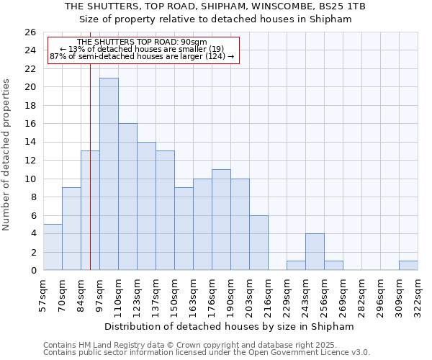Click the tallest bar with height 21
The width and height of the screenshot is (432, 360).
tap(109, 174)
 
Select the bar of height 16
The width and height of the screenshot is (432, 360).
tap(127, 197)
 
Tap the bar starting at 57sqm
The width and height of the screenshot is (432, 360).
tap(53, 247)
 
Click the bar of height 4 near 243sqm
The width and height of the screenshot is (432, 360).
tap(315, 251)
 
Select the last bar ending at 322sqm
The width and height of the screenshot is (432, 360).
tap(408, 265)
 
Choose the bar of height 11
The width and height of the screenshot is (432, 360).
tap(221, 220)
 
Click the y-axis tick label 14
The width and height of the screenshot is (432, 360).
tap(30, 143)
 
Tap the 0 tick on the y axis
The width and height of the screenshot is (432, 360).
tap(32, 271)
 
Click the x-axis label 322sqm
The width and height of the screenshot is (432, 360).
tap(418, 294)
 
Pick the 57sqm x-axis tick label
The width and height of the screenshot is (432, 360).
tap(43, 294)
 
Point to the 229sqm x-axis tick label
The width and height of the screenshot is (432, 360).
tap(287, 294)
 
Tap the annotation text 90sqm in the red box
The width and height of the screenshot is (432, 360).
tap(194, 42)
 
